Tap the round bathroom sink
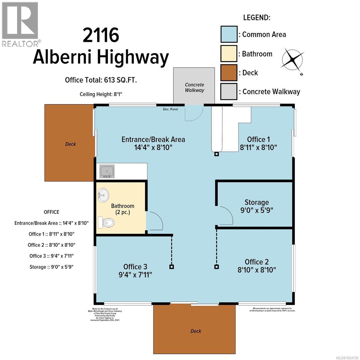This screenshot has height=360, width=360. tap(103, 196)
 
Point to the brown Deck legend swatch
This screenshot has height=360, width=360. tap(229, 73)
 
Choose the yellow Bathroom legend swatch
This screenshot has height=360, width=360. tap(229, 54)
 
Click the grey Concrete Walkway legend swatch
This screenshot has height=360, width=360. tap(229, 91)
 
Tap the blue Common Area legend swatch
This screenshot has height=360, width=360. tap(229, 34)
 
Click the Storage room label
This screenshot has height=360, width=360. tap(256, 202)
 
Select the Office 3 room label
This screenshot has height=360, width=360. tap(135, 267)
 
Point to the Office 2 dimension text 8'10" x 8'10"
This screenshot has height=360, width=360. tap(256, 270)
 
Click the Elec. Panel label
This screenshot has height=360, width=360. tap(170, 109)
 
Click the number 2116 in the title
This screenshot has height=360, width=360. tap(101, 35)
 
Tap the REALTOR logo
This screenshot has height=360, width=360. tap(20, 24)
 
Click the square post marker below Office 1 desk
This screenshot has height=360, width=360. tap(216, 154)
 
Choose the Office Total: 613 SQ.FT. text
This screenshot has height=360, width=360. tap(101, 80)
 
